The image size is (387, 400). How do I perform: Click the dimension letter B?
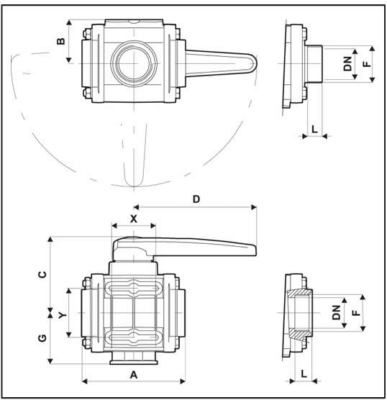pos(61,41)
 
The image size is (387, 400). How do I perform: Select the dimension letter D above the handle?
pos(196,199)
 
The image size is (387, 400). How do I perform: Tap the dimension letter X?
pos(134,219)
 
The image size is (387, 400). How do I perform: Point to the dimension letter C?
pos(42,274)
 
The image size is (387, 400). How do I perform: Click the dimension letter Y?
pos(63,315)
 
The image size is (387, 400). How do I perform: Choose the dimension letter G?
pos(42,338)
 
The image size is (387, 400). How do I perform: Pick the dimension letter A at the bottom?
pos(134,375)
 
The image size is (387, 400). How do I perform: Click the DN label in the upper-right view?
pos(347,63)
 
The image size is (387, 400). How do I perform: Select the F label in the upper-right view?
pos(367,63)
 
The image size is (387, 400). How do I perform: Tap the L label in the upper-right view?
pos(314,129)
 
